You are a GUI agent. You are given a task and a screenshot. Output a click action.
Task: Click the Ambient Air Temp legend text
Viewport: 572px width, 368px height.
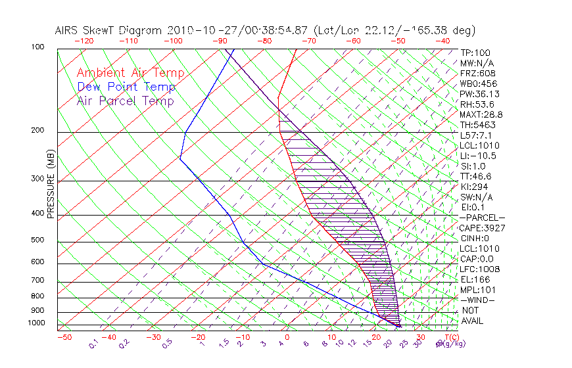(x=130, y=73)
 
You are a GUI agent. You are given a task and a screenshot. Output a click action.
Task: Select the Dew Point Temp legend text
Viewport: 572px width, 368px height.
(x=126, y=87)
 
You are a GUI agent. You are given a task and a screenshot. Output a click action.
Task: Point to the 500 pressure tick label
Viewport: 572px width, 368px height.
(x=37, y=240)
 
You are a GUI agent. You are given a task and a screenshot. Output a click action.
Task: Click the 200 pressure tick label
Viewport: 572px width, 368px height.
(x=37, y=131)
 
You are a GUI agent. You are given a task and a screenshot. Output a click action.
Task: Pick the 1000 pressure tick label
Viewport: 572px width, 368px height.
(x=36, y=323)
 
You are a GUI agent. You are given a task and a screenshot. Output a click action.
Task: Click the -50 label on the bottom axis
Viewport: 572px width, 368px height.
(x=64, y=337)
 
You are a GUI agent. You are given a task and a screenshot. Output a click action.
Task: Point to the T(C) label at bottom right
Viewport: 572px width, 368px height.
(x=450, y=337)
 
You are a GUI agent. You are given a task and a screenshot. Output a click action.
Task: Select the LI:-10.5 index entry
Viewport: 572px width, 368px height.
(x=478, y=156)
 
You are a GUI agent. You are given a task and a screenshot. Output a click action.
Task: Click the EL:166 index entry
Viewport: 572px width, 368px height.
(x=474, y=279)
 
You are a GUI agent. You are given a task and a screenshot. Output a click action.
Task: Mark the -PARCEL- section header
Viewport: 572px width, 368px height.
(x=482, y=218)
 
